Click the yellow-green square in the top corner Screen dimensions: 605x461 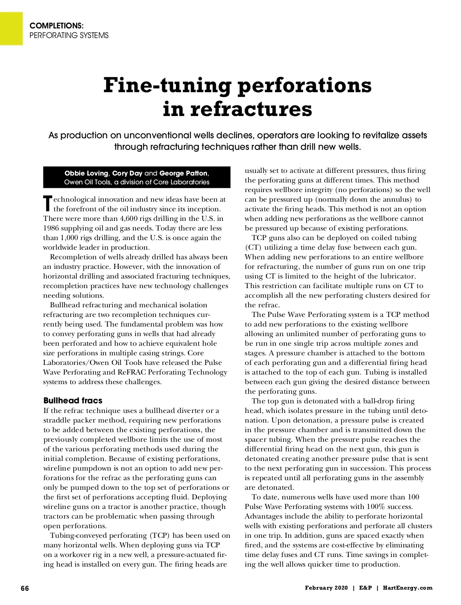11,28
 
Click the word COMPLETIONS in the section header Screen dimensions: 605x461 56,26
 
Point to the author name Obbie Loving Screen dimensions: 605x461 86,173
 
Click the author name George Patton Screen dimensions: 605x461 184,173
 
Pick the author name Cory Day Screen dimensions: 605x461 127,173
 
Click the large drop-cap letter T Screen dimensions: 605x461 47,204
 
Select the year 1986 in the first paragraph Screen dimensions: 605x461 51,228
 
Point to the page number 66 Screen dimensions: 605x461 25,588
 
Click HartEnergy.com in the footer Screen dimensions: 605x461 408,588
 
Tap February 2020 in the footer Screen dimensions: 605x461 326,588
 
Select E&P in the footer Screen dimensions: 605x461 365,588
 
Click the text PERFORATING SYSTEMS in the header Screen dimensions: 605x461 69,36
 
